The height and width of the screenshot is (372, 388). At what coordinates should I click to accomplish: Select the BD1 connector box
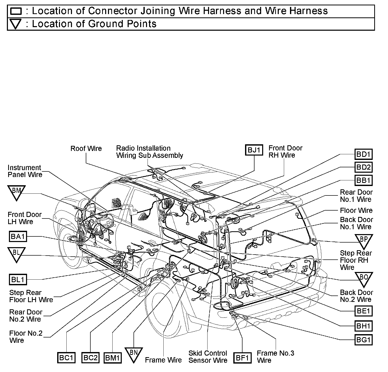[363, 154]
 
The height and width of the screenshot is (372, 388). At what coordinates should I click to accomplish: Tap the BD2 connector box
[363, 167]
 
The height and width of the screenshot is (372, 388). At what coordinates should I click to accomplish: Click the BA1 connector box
[18, 236]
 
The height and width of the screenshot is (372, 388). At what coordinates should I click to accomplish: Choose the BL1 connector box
[18, 279]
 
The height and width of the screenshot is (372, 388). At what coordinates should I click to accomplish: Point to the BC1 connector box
[66, 358]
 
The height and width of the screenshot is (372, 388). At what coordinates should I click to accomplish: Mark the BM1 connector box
[113, 358]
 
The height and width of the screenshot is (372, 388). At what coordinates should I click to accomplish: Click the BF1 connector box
[242, 358]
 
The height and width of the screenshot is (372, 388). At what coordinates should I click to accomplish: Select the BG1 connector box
[363, 340]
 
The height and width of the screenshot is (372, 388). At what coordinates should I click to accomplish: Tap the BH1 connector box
[363, 326]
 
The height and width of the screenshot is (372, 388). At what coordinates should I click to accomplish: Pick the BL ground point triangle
[16, 254]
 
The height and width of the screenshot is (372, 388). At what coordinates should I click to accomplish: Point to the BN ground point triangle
[134, 354]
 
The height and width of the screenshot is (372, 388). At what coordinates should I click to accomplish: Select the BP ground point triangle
[363, 241]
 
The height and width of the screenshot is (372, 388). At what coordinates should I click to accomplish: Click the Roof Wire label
[86, 149]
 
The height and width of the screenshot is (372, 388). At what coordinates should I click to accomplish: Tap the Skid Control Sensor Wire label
[208, 357]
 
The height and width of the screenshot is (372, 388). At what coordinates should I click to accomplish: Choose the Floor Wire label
[356, 211]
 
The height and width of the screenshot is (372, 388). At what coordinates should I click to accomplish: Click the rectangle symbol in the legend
[16, 11]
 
